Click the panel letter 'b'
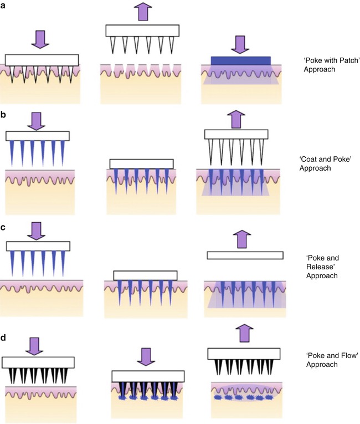[x=4, y=116]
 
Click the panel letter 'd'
[x=4, y=335]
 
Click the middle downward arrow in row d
[x=144, y=358]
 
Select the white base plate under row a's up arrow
[x=142, y=31]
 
